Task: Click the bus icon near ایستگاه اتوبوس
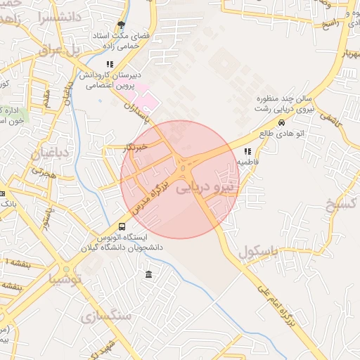click(x=122, y=226)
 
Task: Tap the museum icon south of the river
click(x=148, y=274)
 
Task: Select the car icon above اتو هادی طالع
click(x=282, y=122)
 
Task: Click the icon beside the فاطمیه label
click(x=247, y=151)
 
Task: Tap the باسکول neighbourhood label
click(x=258, y=250)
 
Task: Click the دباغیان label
click(x=48, y=153)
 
